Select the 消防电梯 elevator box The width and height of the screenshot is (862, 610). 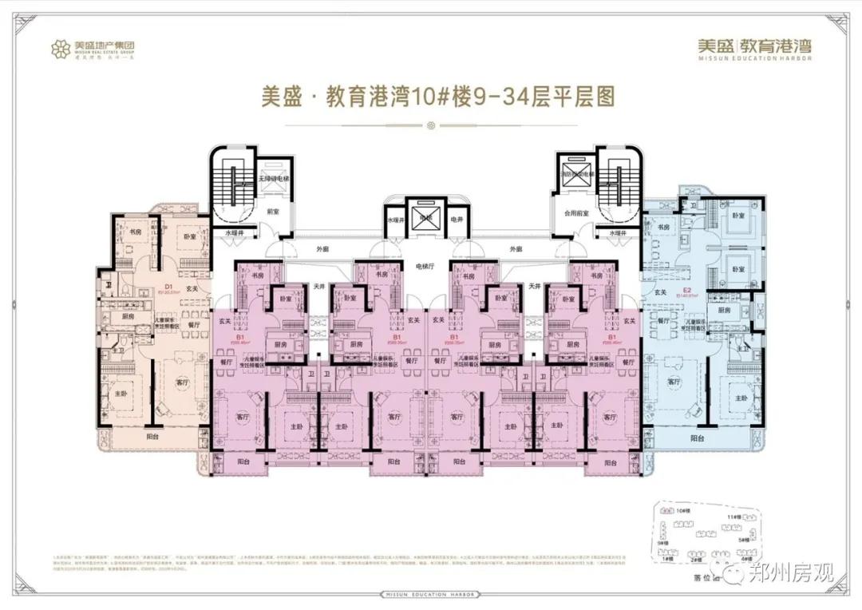pyautogui.click(x=575, y=177)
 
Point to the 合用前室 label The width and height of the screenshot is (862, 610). pyautogui.click(x=575, y=213)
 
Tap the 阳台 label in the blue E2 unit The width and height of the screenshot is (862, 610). pyautogui.click(x=697, y=438)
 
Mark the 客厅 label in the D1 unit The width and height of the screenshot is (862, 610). pyautogui.click(x=181, y=382)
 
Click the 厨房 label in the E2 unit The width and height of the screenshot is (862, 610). pyautogui.click(x=723, y=310)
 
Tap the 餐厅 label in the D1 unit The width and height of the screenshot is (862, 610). pyautogui.click(x=193, y=325)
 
